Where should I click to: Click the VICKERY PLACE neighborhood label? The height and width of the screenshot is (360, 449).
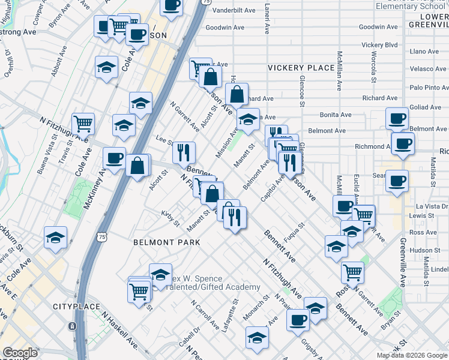pyautogui.click(x=301, y=68)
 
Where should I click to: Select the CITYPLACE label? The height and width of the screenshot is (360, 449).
pyautogui.click(x=75, y=307)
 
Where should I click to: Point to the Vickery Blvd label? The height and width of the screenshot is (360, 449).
pyautogui.click(x=379, y=45)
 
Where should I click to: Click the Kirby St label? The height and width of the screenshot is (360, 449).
pyautogui.click(x=170, y=218)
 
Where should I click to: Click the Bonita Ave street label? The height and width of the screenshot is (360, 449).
pyautogui.click(x=336, y=115)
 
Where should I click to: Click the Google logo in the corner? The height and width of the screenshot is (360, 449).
pyautogui.click(x=20, y=353)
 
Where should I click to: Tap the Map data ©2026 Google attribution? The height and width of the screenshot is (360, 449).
pyautogui.click(x=412, y=355)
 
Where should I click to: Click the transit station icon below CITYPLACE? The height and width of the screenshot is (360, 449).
pyautogui.click(x=72, y=326)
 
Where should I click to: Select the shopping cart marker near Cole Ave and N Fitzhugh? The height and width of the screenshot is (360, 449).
pyautogui.click(x=83, y=123)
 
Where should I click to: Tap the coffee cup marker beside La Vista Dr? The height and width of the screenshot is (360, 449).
pyautogui.click(x=397, y=181)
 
